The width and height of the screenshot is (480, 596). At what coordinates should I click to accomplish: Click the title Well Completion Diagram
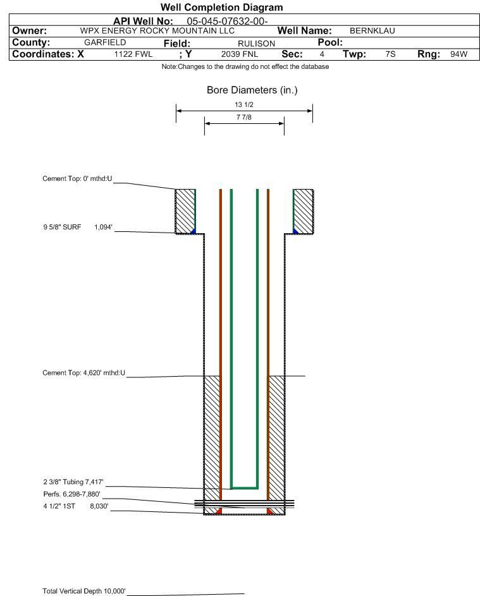tap(222, 7)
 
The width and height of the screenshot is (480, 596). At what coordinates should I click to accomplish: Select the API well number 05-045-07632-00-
tap(227, 21)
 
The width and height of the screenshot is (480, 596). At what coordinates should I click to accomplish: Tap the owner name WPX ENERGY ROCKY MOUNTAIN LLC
tap(157, 31)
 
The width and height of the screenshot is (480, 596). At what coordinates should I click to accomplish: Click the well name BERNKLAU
tap(372, 31)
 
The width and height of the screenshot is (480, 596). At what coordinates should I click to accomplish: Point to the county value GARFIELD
tap(105, 42)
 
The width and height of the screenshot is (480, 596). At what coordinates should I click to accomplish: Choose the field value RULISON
tap(256, 44)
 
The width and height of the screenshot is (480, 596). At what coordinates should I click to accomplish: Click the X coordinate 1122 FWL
tap(133, 54)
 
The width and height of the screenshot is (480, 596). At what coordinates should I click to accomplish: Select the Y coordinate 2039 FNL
tap(240, 54)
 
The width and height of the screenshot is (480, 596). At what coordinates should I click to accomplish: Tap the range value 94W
tap(458, 54)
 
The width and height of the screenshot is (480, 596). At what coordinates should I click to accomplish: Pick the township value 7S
tap(390, 54)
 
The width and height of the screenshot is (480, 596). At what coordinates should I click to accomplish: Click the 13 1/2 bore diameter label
tap(244, 104)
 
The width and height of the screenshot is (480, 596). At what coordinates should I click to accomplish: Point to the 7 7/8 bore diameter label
tap(244, 117)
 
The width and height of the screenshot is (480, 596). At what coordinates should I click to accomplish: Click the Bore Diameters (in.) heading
tap(252, 90)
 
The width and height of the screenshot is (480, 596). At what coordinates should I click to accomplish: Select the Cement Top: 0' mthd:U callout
tap(77, 179)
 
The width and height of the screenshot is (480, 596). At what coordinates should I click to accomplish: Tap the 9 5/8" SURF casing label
tap(62, 227)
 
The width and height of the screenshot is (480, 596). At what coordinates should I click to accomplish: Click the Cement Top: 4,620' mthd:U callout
tap(83, 373)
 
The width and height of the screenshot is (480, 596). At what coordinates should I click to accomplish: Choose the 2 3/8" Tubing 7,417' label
tap(73, 482)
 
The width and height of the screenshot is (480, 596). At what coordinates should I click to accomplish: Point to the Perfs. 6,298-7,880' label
tap(72, 494)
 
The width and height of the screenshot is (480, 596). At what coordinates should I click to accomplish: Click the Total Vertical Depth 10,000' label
tap(84, 591)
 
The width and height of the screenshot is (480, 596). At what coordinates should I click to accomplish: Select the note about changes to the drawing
tap(245, 66)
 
